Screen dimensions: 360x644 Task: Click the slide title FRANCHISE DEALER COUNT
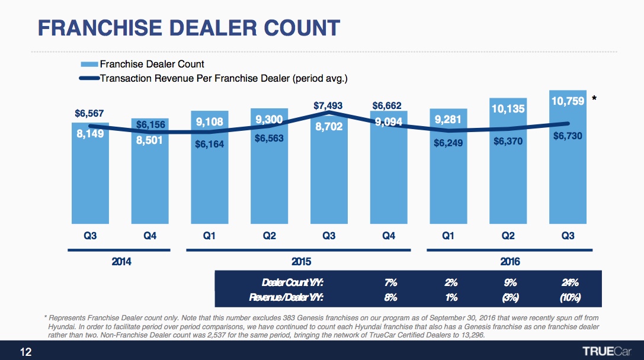pos(189,27)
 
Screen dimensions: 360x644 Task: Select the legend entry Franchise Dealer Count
pos(152,64)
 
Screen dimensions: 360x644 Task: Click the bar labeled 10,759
pos(568,166)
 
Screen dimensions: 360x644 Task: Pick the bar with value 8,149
pos(90,178)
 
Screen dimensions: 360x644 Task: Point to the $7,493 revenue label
pos(329,106)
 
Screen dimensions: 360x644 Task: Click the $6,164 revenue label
pos(210,144)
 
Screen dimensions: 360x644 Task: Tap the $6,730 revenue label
pos(568,136)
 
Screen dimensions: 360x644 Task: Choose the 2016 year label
pos(508,261)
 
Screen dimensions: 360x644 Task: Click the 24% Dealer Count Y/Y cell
pos(569,282)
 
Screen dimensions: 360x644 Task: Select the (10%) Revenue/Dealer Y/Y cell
pos(569,297)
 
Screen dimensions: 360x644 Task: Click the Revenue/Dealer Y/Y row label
pos(289,297)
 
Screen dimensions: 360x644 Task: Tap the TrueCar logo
pos(608,350)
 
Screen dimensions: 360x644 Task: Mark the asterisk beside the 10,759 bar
pos(594,101)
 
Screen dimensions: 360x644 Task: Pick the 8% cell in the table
pos(390,297)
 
